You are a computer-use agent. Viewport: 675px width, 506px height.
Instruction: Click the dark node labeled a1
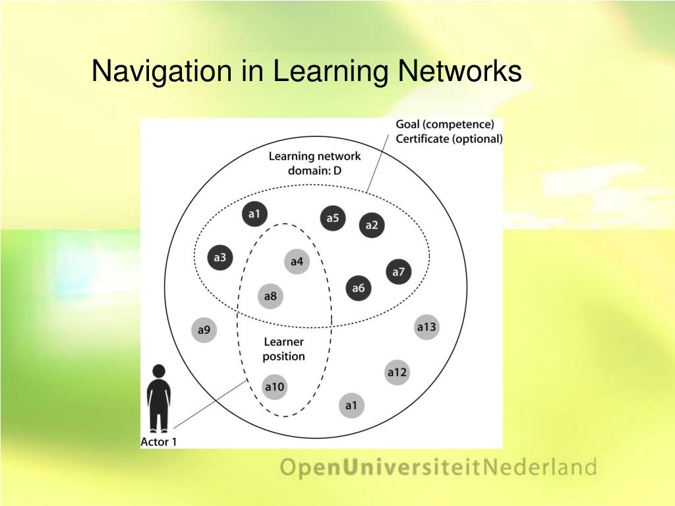(254, 213)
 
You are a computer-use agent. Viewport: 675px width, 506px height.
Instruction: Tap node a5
(333, 218)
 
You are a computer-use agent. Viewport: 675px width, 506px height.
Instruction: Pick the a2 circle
(372, 225)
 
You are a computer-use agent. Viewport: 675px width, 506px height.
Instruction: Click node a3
(220, 258)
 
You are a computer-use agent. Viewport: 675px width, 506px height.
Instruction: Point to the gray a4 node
(297, 262)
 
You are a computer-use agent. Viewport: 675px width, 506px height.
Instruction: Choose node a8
(270, 296)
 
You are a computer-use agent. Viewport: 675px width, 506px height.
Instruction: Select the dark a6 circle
(359, 288)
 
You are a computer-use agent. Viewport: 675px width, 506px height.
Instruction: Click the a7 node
(398, 271)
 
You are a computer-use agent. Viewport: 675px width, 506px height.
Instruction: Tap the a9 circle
(204, 329)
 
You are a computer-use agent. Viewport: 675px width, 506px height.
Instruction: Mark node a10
(274, 387)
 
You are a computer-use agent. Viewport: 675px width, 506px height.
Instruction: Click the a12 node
(397, 373)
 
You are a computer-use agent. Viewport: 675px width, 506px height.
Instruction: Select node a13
(426, 327)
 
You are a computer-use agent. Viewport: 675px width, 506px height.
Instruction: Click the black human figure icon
(159, 399)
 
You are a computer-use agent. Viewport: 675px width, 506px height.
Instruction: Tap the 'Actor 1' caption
(159, 442)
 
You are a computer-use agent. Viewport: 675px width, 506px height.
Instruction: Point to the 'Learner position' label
(284, 349)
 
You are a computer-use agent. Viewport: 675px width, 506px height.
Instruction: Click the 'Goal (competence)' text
(444, 125)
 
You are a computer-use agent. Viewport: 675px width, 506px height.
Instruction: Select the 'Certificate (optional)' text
(449, 138)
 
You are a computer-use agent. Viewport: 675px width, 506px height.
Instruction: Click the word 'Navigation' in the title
(162, 71)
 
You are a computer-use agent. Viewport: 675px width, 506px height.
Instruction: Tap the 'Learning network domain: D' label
(314, 163)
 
